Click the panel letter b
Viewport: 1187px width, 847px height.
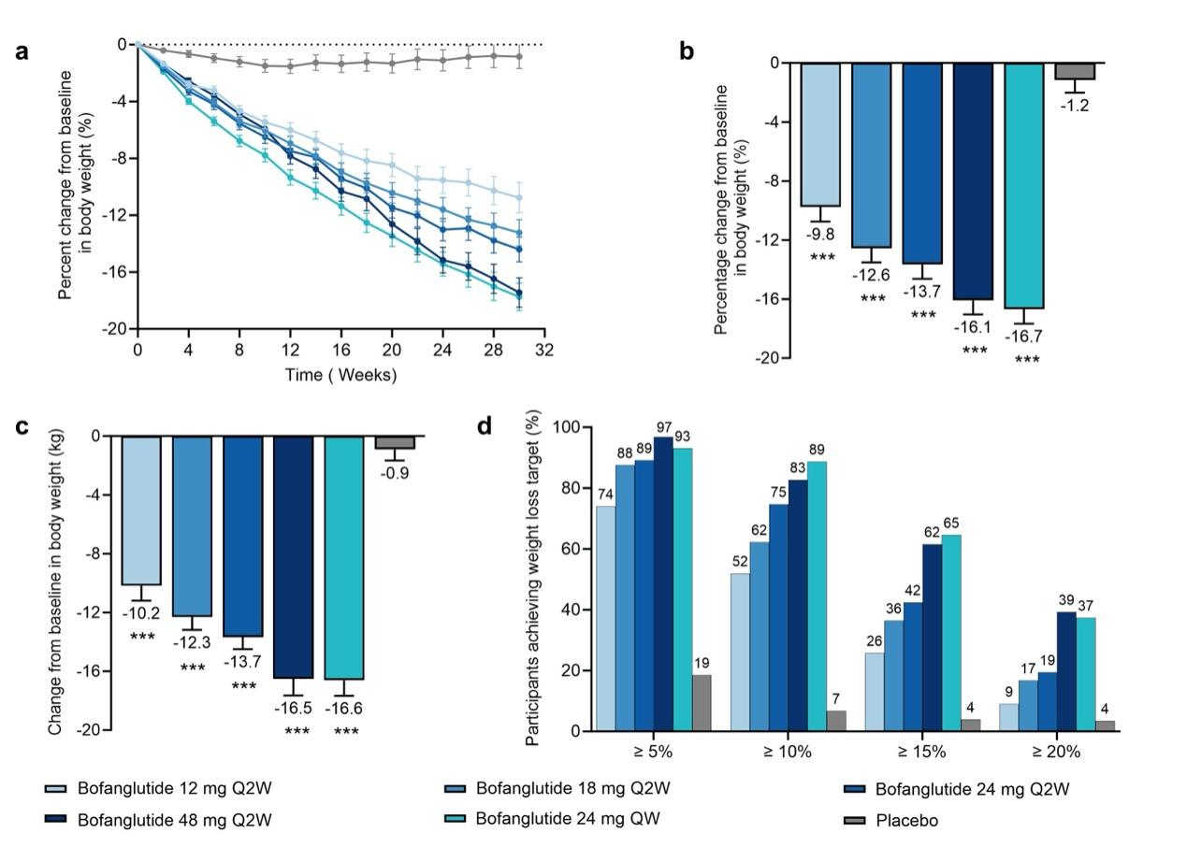[x=687, y=51]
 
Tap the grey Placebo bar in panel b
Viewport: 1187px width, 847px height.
[x=1075, y=71]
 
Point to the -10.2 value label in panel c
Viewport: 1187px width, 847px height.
[x=141, y=614]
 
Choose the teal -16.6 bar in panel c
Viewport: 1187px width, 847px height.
[x=344, y=557]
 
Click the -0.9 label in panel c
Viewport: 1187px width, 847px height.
[x=395, y=473]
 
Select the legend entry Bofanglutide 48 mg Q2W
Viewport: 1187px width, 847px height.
[x=175, y=820]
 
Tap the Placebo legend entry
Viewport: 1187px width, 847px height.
[x=906, y=821]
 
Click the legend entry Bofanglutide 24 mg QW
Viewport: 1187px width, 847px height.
[x=568, y=819]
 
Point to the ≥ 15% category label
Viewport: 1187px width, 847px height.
[x=921, y=751]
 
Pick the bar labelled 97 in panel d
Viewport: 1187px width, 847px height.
[x=664, y=583]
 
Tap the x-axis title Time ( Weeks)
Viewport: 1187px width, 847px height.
[x=340, y=375]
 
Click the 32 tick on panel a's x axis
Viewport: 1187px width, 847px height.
[x=544, y=350]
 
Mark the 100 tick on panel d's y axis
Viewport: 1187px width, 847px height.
[x=568, y=427]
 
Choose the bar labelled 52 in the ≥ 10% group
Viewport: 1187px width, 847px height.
[x=740, y=652]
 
